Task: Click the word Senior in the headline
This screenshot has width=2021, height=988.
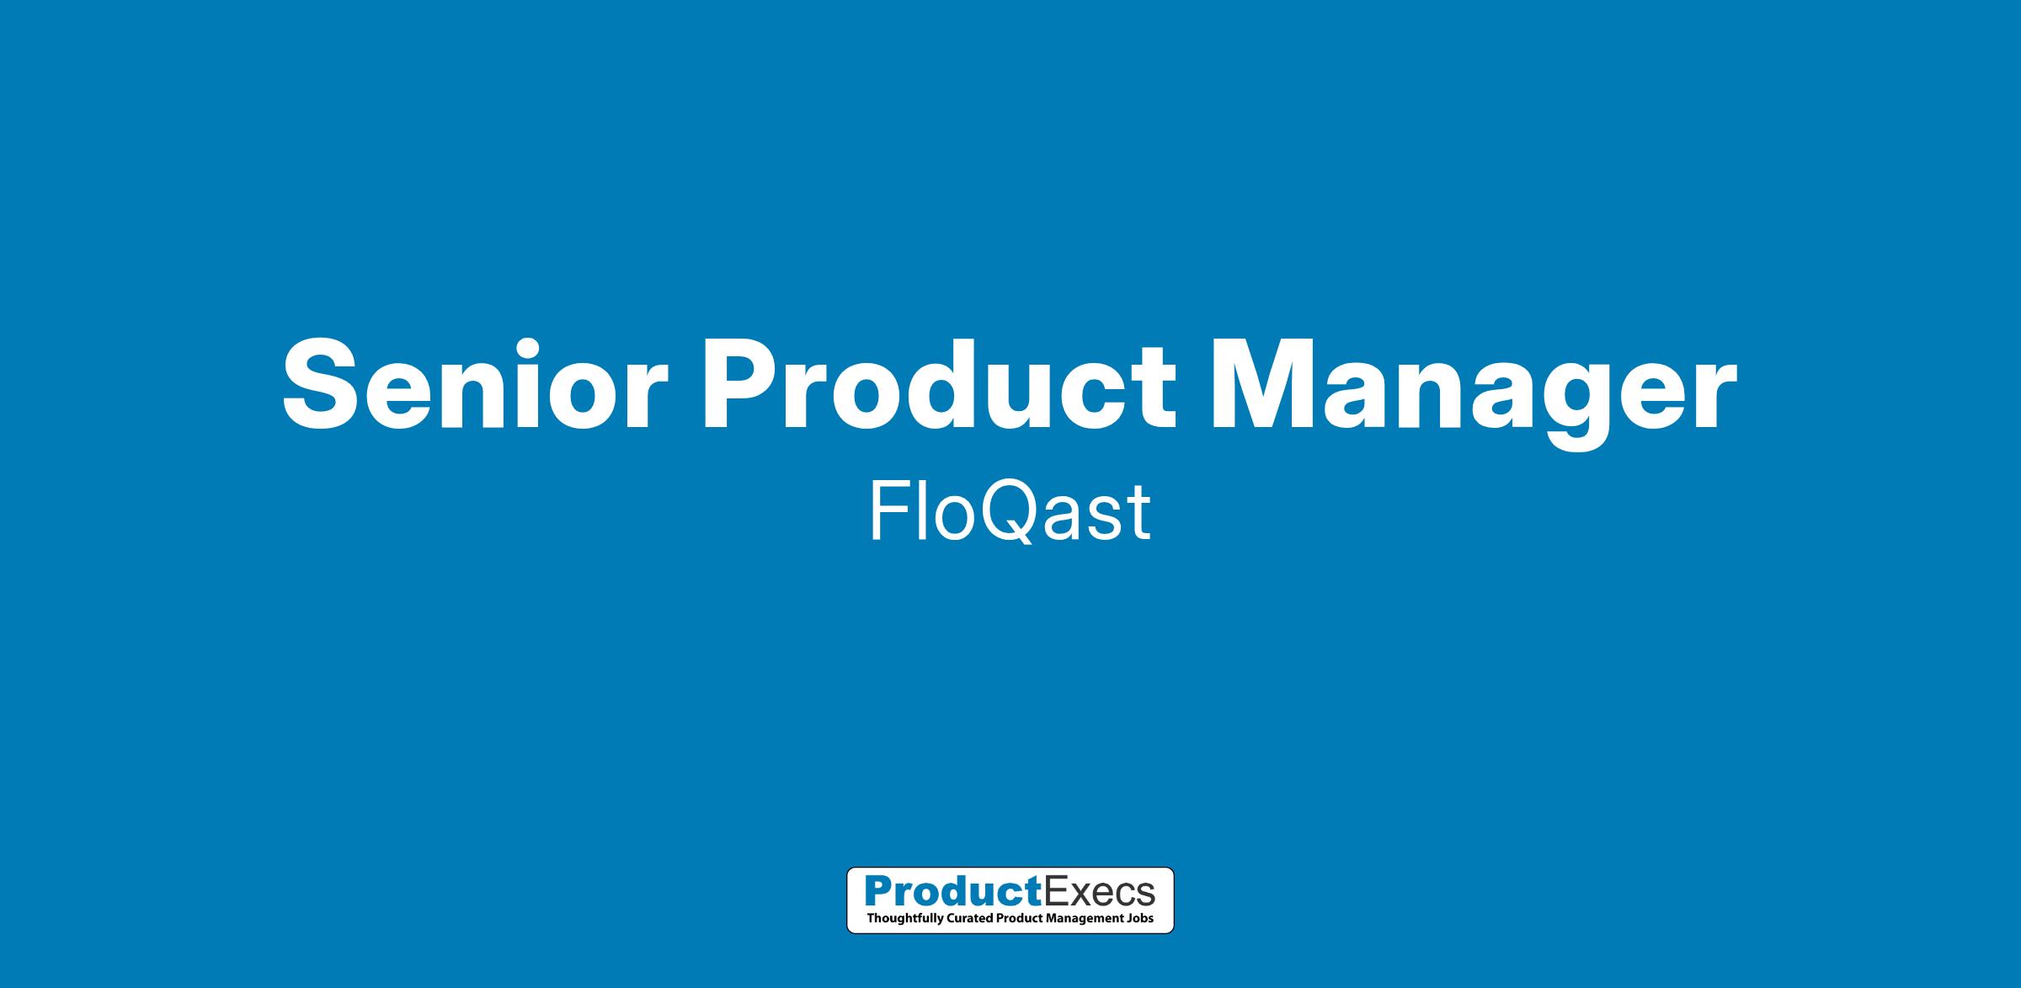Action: point(474,384)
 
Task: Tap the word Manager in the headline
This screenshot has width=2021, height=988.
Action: point(1474,393)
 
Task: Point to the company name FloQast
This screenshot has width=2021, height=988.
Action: point(1010,512)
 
